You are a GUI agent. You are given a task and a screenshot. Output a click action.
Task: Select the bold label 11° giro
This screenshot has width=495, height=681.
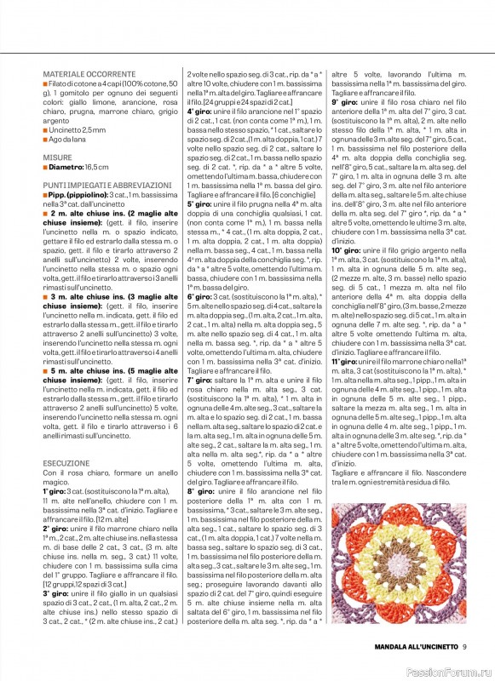click(346, 361)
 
